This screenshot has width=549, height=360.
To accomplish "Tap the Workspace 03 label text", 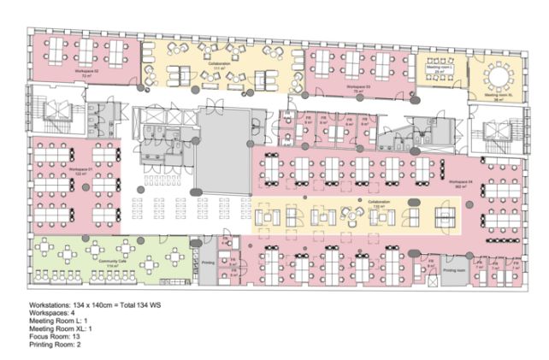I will (357, 87).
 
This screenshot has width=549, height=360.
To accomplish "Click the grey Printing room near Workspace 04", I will (454, 270).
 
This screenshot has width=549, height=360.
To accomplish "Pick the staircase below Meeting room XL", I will (497, 131).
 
